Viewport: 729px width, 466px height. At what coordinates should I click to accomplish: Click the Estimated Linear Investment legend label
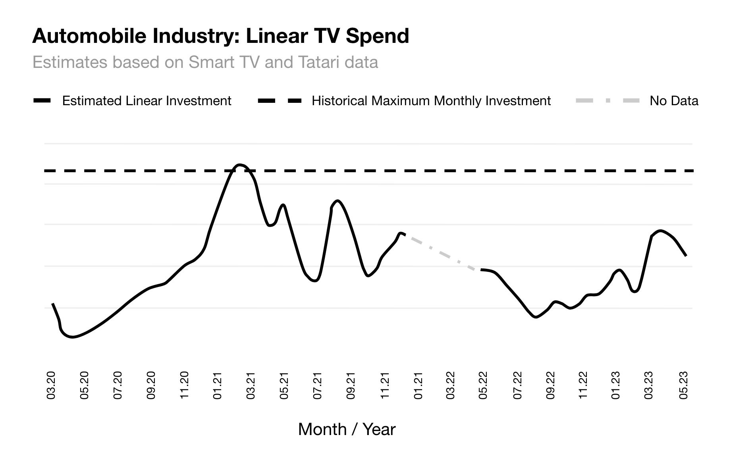tap(147, 101)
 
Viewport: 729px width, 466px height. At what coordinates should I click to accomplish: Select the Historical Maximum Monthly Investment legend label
tap(431, 101)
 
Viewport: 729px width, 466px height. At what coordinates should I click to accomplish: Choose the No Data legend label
tap(674, 101)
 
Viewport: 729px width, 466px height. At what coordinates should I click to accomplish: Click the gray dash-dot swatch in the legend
tap(607, 101)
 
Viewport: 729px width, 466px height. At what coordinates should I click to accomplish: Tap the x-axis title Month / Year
tap(347, 429)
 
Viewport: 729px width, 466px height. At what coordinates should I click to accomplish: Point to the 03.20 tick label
tap(51, 385)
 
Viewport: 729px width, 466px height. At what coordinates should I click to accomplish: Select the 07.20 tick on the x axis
tap(118, 385)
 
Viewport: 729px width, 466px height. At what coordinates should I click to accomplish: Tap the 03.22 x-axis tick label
tap(451, 385)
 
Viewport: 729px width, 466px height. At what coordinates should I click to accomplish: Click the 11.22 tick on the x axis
tap(583, 385)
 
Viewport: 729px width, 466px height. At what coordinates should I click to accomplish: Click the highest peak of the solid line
tap(239, 164)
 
